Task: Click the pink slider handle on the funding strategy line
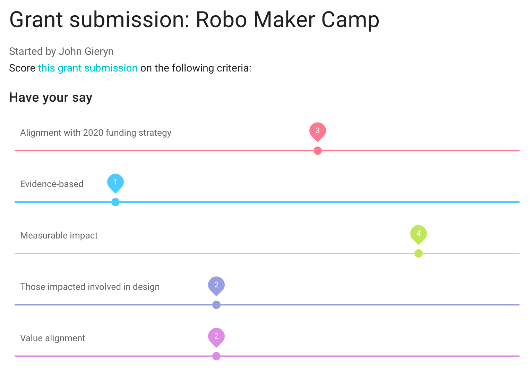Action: pyautogui.click(x=318, y=151)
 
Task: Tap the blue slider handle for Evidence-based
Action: pyautogui.click(x=115, y=202)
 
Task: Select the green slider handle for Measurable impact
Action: pyautogui.click(x=419, y=253)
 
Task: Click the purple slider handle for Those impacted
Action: pyautogui.click(x=216, y=305)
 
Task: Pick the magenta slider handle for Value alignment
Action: pyautogui.click(x=216, y=356)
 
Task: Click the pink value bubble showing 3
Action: pyautogui.click(x=318, y=131)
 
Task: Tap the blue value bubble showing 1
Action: pyautogui.click(x=115, y=183)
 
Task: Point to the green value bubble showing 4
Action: pyautogui.click(x=419, y=234)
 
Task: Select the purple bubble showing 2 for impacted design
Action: pyautogui.click(x=216, y=285)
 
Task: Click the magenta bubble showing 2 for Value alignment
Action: pyautogui.click(x=216, y=337)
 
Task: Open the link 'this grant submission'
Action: pyautogui.click(x=88, y=68)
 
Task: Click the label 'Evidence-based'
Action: pyautogui.click(x=52, y=184)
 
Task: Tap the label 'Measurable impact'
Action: pyautogui.click(x=59, y=235)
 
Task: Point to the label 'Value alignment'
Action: pyautogui.click(x=52, y=338)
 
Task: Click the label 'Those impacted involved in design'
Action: pyautogui.click(x=90, y=287)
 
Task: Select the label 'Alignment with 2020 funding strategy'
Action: pyautogui.click(x=96, y=133)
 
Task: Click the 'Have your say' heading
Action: pyautogui.click(x=51, y=98)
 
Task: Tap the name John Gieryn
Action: pyautogui.click(x=86, y=52)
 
